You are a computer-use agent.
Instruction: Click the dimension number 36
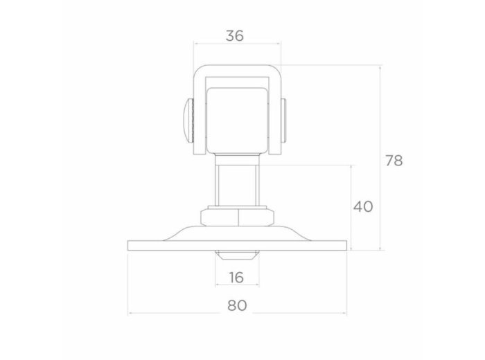tap(235, 35)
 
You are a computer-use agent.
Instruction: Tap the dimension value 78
tap(394, 161)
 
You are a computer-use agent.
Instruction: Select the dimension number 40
tap(363, 206)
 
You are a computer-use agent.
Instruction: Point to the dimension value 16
tap(237, 278)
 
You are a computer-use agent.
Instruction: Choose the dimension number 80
tap(237, 305)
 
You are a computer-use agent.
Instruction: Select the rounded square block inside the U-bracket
tap(237, 120)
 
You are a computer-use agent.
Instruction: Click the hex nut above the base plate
tap(237, 217)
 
